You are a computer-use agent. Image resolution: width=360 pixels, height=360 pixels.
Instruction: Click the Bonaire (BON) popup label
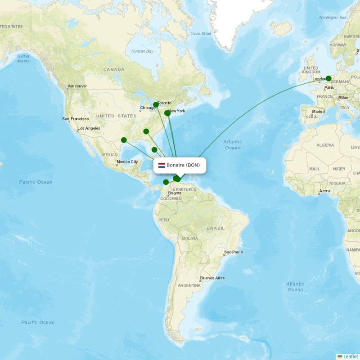pyautogui.click(x=183, y=165)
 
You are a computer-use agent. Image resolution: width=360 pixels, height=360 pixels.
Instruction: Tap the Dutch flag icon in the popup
pyautogui.click(x=162, y=165)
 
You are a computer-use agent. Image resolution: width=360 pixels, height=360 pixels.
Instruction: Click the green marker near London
pyautogui.click(x=328, y=78)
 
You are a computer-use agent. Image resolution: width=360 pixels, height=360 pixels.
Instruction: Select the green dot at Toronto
pyautogui.click(x=156, y=105)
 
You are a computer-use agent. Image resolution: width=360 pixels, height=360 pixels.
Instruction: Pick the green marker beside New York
pyautogui.click(x=167, y=113)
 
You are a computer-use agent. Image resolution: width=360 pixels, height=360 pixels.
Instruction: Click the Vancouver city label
pyautogui.click(x=77, y=86)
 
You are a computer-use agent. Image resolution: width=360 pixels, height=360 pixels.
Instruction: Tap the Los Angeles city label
pyautogui.click(x=89, y=128)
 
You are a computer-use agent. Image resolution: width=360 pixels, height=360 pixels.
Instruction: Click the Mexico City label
pyautogui.click(x=127, y=162)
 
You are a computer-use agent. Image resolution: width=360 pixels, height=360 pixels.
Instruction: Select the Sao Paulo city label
pyautogui.click(x=234, y=252)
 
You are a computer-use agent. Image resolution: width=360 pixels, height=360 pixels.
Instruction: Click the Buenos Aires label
pyautogui.click(x=212, y=278)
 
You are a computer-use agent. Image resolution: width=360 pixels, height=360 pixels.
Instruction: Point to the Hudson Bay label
pyautogui.click(x=142, y=51)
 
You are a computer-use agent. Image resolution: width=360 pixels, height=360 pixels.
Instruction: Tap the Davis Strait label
pyautogui.click(x=200, y=33)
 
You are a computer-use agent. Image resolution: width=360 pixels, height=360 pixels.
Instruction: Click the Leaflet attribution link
pyautogui.click(x=349, y=356)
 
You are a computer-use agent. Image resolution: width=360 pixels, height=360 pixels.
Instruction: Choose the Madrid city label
pyautogui.click(x=318, y=111)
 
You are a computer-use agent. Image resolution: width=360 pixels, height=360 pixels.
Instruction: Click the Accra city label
pyautogui.click(x=324, y=191)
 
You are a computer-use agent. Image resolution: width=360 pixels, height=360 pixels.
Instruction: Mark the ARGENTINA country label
pyautogui.click(x=189, y=285)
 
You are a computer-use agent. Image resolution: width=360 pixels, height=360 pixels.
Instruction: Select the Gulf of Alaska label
pyautogui.click(x=23, y=58)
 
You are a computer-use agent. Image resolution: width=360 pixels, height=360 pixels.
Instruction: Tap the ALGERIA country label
pyautogui.click(x=325, y=145)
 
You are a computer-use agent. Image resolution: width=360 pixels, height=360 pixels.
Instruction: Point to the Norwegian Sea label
pyautogui.click(x=333, y=17)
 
